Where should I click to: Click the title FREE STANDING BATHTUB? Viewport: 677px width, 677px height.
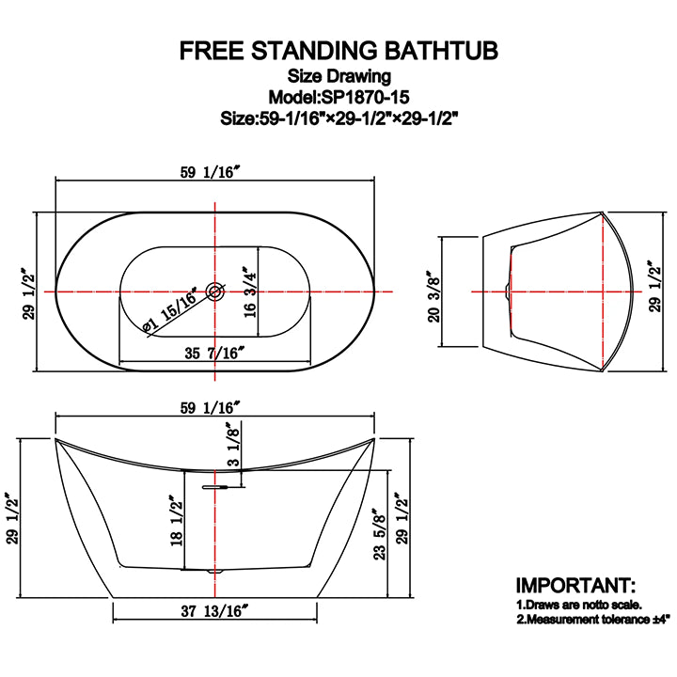pos(338,50)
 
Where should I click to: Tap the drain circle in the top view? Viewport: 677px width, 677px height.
pos(214,291)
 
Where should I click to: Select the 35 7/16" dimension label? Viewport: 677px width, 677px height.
pos(214,353)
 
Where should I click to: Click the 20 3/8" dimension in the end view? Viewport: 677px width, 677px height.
pos(434,291)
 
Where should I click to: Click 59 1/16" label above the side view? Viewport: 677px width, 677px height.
pos(214,406)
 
